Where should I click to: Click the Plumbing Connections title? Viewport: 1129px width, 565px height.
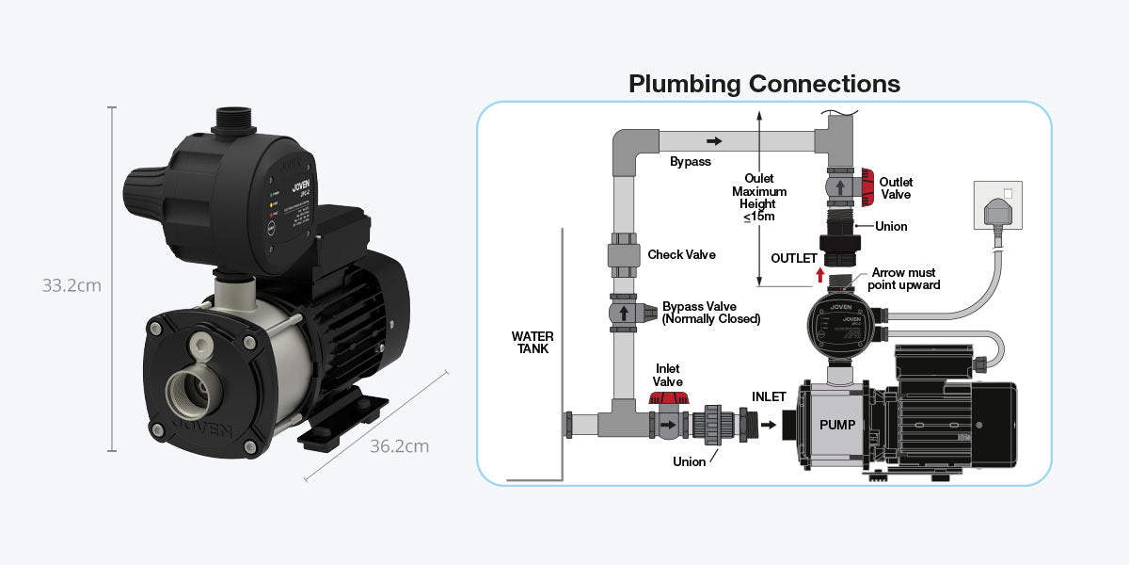[x=764, y=84]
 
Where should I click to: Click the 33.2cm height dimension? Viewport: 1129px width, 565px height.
[x=72, y=285]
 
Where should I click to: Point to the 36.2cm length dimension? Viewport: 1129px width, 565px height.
[x=399, y=445]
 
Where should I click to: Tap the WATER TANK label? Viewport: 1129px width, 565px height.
[x=533, y=342]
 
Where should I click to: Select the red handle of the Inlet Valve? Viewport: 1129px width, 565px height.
[x=668, y=399]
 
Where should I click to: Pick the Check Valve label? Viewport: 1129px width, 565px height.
[x=681, y=255]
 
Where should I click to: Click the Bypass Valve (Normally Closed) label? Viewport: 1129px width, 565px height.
[x=710, y=313]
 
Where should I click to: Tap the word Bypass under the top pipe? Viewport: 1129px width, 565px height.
[x=690, y=162]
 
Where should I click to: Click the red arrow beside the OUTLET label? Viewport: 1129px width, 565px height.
[x=819, y=275]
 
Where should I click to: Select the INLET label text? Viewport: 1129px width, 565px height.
[x=769, y=396]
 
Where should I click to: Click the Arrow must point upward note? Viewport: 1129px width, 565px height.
[x=903, y=279]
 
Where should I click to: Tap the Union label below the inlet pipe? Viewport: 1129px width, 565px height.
[x=689, y=461]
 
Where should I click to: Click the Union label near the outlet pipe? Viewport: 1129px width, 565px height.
[x=891, y=226]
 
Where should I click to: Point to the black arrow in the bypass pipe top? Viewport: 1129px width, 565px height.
[x=715, y=141]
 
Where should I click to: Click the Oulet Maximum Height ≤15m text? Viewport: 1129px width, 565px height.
[x=758, y=198]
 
